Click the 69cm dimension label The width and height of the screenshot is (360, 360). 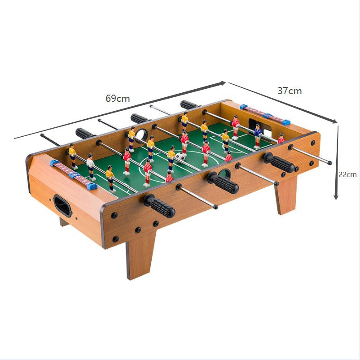pos(118,99)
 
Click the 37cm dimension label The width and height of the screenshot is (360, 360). pos(290,91)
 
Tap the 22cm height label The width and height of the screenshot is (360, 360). pos(347,174)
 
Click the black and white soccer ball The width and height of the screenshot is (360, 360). pos(180,156)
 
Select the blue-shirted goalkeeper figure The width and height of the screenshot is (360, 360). pos(258,136)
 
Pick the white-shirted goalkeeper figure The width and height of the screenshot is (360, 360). pos(91,167)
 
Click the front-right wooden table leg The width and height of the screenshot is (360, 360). pos(285,195)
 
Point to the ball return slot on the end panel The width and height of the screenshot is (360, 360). pos(62,205)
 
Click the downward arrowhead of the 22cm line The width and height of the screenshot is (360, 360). pos(336,197)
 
